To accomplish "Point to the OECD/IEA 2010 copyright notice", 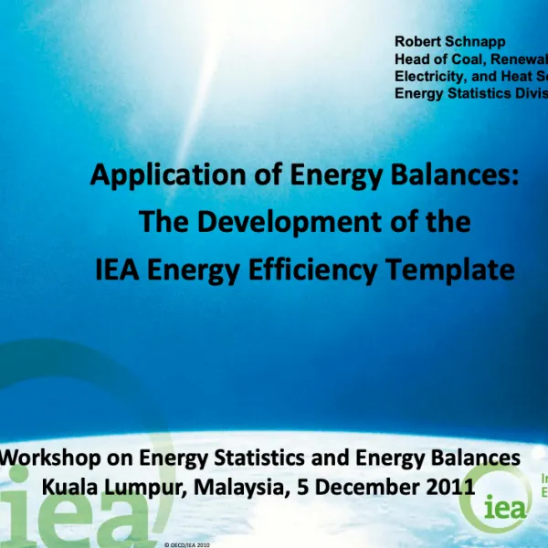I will (x=187, y=543).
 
